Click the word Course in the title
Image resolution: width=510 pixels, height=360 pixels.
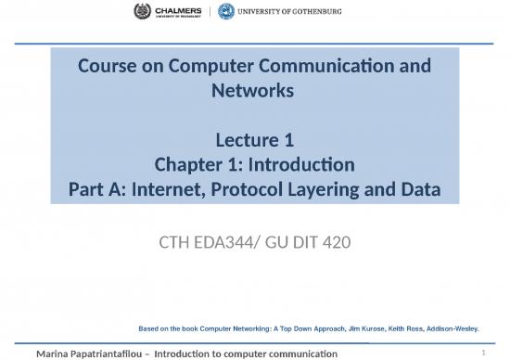point(106,69)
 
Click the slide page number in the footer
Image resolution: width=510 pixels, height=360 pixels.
point(484,353)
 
